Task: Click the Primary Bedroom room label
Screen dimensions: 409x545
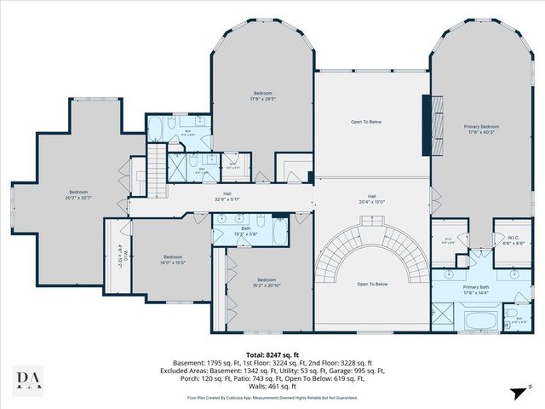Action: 482,129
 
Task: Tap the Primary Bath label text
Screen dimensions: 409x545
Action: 476,289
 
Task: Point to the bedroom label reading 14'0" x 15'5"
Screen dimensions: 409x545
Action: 173,259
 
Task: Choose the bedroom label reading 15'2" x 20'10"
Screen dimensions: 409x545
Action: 267,282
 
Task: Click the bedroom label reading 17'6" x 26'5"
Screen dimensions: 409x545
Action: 263,95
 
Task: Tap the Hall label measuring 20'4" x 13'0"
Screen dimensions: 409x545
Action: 371,199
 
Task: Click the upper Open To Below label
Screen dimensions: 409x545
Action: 366,122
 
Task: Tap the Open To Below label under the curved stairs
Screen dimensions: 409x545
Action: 372,284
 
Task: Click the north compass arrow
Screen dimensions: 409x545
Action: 517,391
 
